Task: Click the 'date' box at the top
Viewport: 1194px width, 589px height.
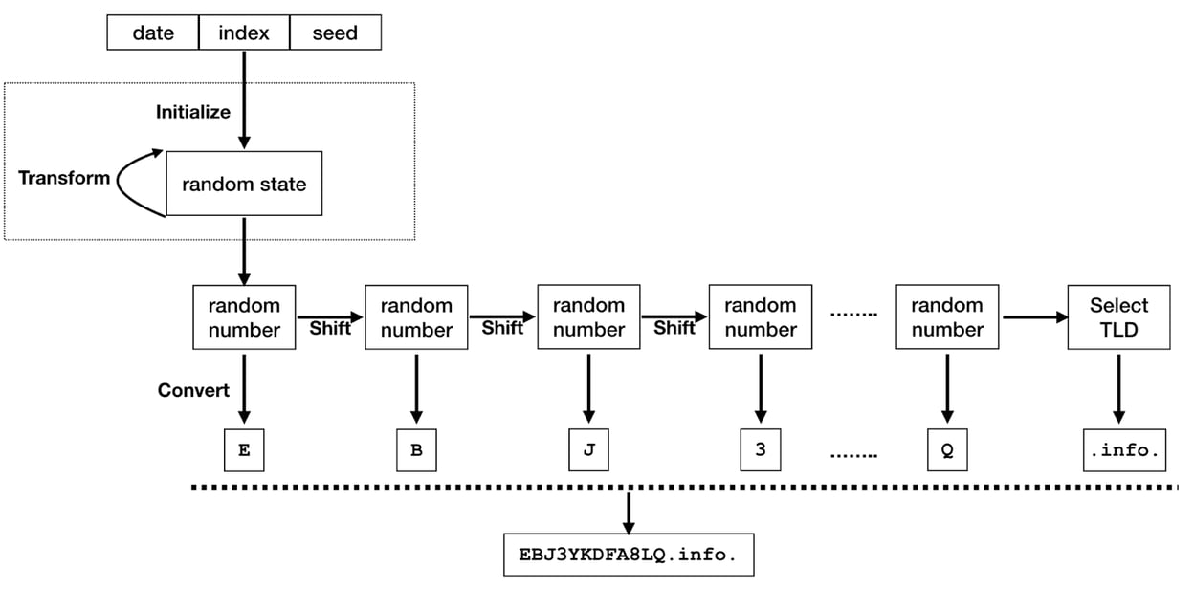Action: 153,33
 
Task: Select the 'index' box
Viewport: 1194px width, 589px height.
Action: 244,33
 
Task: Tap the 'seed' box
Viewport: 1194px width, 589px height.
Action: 335,33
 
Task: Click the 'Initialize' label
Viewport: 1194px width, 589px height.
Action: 193,112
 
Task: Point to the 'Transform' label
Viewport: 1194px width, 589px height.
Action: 64,178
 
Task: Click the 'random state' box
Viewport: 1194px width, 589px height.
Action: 244,184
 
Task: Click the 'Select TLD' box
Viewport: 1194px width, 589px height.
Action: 1118,317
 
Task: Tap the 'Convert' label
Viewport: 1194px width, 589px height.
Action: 194,390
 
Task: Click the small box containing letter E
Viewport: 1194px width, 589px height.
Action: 244,450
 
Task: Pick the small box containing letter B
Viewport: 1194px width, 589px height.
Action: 416,450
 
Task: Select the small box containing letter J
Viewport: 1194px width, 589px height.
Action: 588,450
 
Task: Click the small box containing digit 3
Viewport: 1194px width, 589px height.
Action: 761,450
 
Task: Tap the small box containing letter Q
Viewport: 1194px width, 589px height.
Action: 947,450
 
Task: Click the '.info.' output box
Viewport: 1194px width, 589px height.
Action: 1125,450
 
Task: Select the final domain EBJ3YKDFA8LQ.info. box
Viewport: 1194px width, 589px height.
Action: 629,554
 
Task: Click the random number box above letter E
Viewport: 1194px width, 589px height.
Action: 244,317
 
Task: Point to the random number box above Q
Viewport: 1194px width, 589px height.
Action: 947,317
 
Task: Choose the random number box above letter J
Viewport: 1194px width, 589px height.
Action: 588,317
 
